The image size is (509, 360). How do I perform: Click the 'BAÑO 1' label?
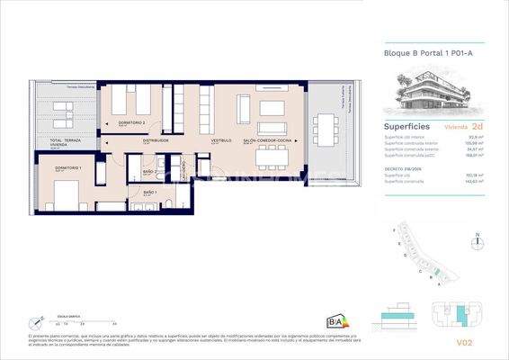[150, 192]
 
